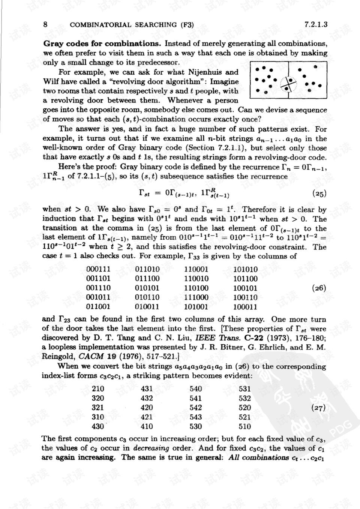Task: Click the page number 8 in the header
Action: pyautogui.click(x=45, y=25)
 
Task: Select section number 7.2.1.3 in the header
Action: pyautogui.click(x=316, y=25)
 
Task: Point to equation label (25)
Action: pyautogui.click(x=319, y=194)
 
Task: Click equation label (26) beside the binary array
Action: pyautogui.click(x=319, y=288)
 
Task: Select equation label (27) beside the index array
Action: pyautogui.click(x=319, y=408)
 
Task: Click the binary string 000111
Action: pyautogui.click(x=98, y=269)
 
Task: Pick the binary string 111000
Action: pyautogui.click(x=196, y=297)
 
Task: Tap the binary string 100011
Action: pyautogui.click(x=245, y=307)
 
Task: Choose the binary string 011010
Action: pyautogui.click(x=147, y=269)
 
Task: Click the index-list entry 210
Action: pyautogui.click(x=98, y=389)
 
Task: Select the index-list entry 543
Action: pyautogui.click(x=196, y=417)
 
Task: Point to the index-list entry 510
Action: pyautogui.click(x=244, y=426)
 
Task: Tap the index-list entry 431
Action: pyautogui.click(x=147, y=389)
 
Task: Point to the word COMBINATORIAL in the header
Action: pyautogui.click(x=101, y=25)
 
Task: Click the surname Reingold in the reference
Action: pyautogui.click(x=58, y=357)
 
